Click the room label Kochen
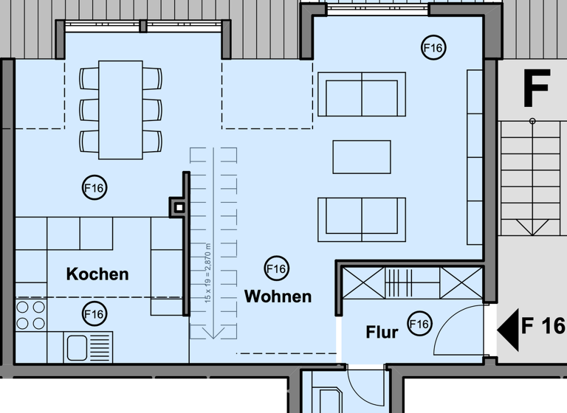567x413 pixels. tap(97, 274)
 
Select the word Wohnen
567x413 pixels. tap(278, 296)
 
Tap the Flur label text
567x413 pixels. tap(382, 333)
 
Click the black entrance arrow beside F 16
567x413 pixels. tap(508, 326)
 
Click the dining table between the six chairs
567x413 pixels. tap(120, 109)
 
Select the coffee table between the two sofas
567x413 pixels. tap(361, 156)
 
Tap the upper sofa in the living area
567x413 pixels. tap(361, 94)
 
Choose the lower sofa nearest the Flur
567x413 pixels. tap(361, 219)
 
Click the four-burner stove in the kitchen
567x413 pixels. tap(30, 314)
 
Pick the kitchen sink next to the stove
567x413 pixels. tap(89, 346)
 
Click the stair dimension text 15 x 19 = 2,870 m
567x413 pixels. tap(208, 273)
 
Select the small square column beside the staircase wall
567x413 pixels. tap(177, 207)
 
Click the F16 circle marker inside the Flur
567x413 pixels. tap(419, 324)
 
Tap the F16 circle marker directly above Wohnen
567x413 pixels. tap(277, 269)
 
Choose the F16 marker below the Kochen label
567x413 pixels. tap(94, 314)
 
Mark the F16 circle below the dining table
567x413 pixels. tap(94, 188)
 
